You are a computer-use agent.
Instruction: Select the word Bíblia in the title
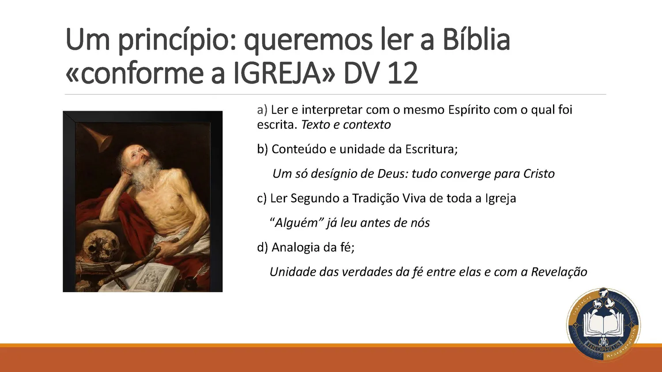(476, 40)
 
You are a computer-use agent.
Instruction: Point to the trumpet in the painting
(100, 138)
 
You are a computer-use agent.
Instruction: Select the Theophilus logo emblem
(603, 325)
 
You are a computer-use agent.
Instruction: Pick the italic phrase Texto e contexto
(346, 125)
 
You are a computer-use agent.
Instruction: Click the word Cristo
(539, 174)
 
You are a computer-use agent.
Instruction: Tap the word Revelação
(559, 272)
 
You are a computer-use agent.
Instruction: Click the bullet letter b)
(263, 149)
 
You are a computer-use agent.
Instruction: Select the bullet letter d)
(263, 247)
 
